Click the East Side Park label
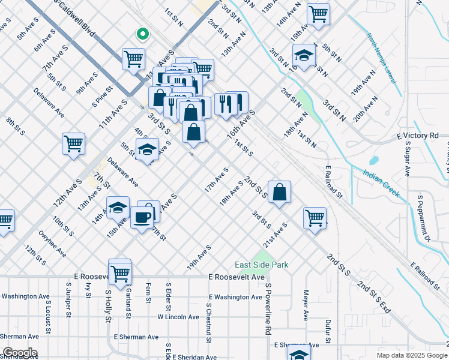(261, 265)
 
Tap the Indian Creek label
(381, 184)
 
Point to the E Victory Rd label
(418, 136)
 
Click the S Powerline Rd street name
(268, 309)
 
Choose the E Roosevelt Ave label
(236, 277)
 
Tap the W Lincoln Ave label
(178, 317)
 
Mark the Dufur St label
(328, 332)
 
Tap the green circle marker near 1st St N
(142, 34)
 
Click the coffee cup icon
(142, 217)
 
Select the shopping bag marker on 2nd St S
(280, 193)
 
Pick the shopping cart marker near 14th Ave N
(318, 13)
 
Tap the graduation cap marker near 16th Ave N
(304, 56)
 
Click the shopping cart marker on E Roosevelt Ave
(120, 272)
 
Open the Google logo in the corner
(19, 353)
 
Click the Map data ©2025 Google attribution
(411, 355)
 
